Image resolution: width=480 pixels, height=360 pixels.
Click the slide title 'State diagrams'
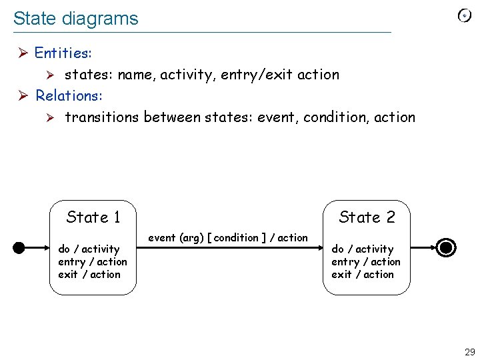75,19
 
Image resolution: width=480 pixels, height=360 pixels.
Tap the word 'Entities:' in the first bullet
63,53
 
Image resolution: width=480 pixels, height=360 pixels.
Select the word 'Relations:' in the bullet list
69,96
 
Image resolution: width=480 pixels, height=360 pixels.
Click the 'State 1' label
93,217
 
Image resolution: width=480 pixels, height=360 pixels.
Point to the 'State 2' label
367,217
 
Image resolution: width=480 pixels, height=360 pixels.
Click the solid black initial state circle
19,248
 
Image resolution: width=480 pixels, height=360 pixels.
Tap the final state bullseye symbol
447,248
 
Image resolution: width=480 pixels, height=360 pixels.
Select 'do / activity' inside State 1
89,249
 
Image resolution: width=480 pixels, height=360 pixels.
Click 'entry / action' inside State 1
92,262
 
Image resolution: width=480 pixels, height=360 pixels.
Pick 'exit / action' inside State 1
89,275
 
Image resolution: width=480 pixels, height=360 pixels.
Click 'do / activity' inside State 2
362,249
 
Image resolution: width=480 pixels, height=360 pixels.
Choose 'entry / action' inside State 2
365,262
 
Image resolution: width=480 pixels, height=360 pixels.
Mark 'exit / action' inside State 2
363,275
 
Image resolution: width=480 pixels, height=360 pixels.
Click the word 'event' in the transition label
162,238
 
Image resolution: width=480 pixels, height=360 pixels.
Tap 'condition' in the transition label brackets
236,238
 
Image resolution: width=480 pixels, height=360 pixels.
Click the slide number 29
469,352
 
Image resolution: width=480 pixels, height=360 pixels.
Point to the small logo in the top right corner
465,16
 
